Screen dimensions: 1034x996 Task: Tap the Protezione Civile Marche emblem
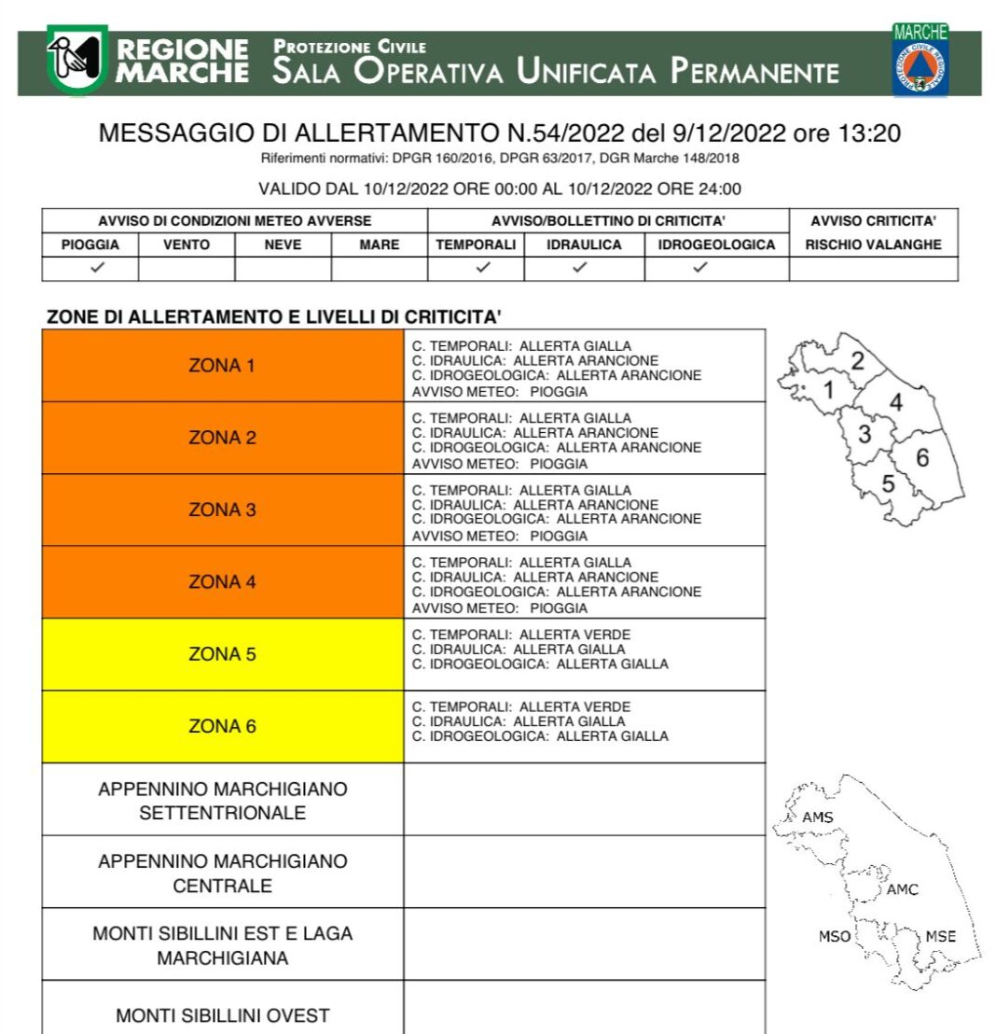tap(920, 63)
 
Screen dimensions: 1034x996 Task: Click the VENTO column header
tap(187, 245)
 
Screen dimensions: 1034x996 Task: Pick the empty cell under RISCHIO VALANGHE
tap(873, 268)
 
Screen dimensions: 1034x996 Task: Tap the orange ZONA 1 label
tap(222, 366)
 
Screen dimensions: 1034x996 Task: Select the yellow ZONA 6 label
tap(222, 726)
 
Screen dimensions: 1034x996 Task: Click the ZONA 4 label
tap(222, 582)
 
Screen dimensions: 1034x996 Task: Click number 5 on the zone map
tap(888, 483)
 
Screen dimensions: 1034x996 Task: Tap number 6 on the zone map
tap(922, 457)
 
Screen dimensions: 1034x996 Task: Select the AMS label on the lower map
tap(818, 818)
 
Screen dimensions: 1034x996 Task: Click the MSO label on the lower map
tap(834, 936)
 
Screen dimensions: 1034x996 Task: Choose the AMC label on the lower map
tap(902, 889)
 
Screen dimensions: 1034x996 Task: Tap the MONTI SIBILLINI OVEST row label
tap(222, 1015)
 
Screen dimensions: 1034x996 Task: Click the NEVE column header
tap(283, 245)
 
